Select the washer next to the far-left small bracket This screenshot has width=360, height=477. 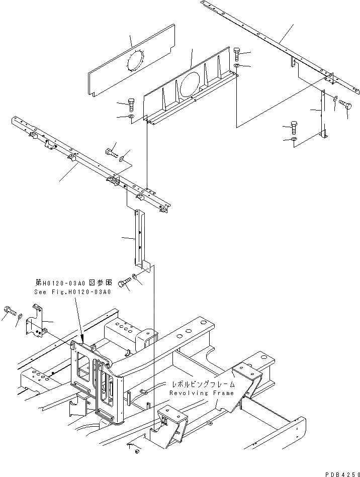pyautogui.click(x=19, y=317)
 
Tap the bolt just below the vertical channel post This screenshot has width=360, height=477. pyautogui.click(x=124, y=284)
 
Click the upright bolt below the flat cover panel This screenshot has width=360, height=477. pyautogui.click(x=131, y=104)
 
